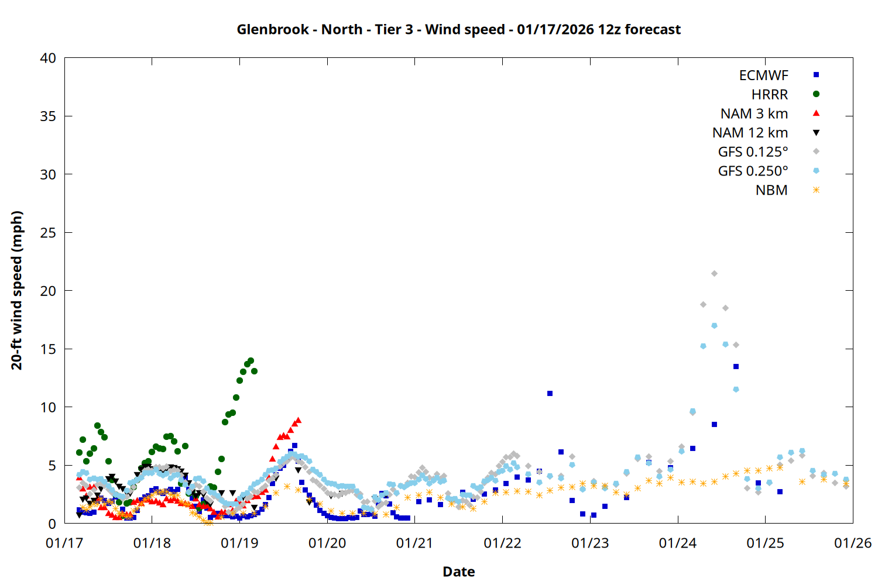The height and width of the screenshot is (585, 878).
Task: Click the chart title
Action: point(458,30)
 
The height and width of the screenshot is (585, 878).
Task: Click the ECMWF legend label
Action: point(763,75)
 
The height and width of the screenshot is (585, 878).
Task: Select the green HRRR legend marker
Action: point(816,94)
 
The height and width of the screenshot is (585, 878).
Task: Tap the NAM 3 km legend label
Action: point(754,113)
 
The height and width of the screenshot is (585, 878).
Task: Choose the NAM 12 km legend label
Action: point(750,133)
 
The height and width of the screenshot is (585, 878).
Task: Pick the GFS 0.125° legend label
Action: point(753,152)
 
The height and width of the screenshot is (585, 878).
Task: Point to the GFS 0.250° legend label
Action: point(753,171)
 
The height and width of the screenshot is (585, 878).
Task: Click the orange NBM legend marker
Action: point(816,190)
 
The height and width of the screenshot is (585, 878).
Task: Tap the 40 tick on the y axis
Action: point(48,58)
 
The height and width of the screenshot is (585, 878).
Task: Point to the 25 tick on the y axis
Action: point(48,233)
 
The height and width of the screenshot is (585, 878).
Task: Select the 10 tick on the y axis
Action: point(48,407)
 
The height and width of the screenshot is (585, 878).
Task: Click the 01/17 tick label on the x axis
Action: point(64,543)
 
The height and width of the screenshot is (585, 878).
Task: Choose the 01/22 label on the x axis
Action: point(502,543)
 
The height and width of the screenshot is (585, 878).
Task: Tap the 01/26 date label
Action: point(852,543)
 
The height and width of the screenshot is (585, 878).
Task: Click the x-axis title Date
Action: point(458,572)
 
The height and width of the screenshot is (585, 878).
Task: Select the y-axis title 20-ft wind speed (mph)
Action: point(17,290)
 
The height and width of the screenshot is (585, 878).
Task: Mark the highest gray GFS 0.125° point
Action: point(714,273)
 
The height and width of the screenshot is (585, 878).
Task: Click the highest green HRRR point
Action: point(251,360)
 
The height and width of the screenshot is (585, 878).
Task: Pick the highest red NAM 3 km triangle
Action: point(298,420)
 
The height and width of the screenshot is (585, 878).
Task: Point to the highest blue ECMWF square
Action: point(736,366)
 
